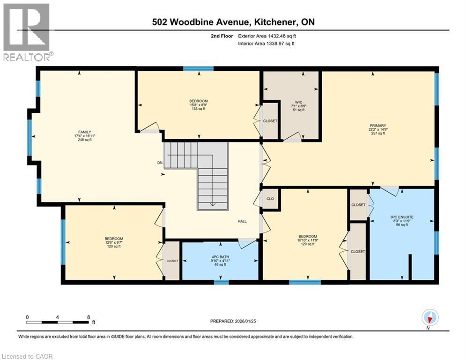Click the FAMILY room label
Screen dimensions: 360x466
[x=85, y=132]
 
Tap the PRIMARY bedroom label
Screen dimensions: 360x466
[x=377, y=126]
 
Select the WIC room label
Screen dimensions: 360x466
[x=298, y=101]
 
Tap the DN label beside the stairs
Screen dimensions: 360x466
[x=159, y=164]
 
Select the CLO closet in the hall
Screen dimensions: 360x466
[x=269, y=198]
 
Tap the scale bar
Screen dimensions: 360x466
[x=58, y=322]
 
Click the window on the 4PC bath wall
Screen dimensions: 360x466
[x=222, y=282]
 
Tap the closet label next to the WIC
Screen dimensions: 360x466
[x=270, y=121]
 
